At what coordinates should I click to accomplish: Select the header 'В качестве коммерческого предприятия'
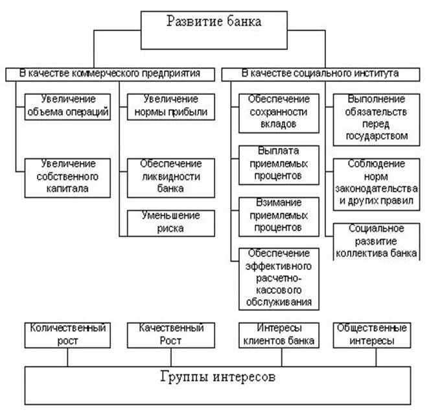pyautogui.click(x=108, y=73)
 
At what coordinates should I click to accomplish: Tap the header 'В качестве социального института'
pyautogui.click(x=320, y=73)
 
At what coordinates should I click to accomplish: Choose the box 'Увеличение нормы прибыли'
pyautogui.click(x=163, y=105)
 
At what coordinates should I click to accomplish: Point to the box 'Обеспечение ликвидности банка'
pyautogui.click(x=163, y=177)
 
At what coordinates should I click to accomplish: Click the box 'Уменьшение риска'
pyautogui.click(x=163, y=222)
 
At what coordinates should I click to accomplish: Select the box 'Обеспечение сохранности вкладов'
pyautogui.click(x=279, y=111)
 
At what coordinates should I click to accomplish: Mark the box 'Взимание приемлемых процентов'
pyautogui.click(x=279, y=215)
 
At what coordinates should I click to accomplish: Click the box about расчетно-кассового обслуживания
pyautogui.click(x=279, y=278)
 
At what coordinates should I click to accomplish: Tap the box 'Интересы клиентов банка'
pyautogui.click(x=279, y=334)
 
